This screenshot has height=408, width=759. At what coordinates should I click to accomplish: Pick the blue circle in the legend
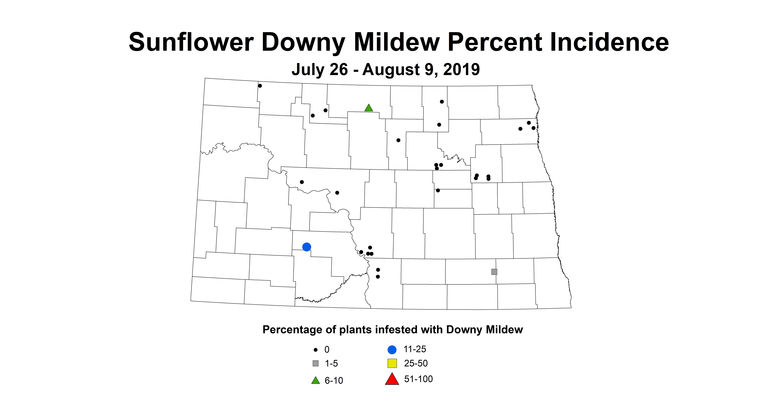pyautogui.click(x=392, y=350)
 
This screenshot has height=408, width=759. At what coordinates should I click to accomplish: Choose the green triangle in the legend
pyautogui.click(x=316, y=381)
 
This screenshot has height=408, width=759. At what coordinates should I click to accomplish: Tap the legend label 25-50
pyautogui.click(x=416, y=363)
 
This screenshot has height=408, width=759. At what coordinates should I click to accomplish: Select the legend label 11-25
pyautogui.click(x=415, y=349)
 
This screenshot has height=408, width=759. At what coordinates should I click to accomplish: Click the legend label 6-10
pyautogui.click(x=334, y=381)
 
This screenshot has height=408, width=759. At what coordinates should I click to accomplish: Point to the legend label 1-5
pyautogui.click(x=331, y=364)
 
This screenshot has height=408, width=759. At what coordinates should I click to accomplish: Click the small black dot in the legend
pyautogui.click(x=316, y=350)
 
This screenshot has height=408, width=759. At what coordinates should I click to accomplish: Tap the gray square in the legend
pyautogui.click(x=316, y=363)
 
